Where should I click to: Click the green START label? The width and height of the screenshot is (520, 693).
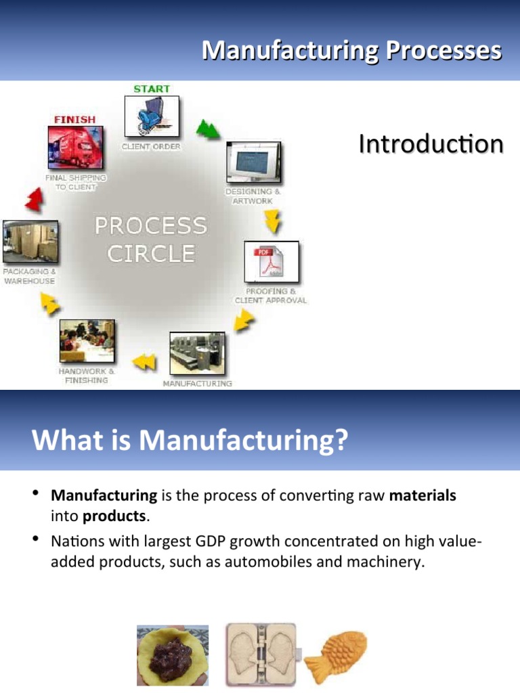152,89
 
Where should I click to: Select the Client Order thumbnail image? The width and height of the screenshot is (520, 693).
152,116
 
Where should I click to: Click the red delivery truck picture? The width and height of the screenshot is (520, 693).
74,148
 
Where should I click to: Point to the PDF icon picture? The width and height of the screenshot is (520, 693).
271,262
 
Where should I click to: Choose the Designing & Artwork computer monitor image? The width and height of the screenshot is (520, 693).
253,163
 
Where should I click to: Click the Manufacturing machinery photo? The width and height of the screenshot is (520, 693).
197,354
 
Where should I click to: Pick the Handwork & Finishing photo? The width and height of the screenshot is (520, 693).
87,341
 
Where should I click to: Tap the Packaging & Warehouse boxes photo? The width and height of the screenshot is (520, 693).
30,242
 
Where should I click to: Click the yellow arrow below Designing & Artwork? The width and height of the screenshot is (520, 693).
272,220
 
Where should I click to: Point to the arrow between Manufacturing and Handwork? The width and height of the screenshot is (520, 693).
144,362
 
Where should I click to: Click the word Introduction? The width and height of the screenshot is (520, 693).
431,144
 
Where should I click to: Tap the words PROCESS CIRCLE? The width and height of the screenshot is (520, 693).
150,239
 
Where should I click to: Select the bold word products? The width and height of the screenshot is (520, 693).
114,516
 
